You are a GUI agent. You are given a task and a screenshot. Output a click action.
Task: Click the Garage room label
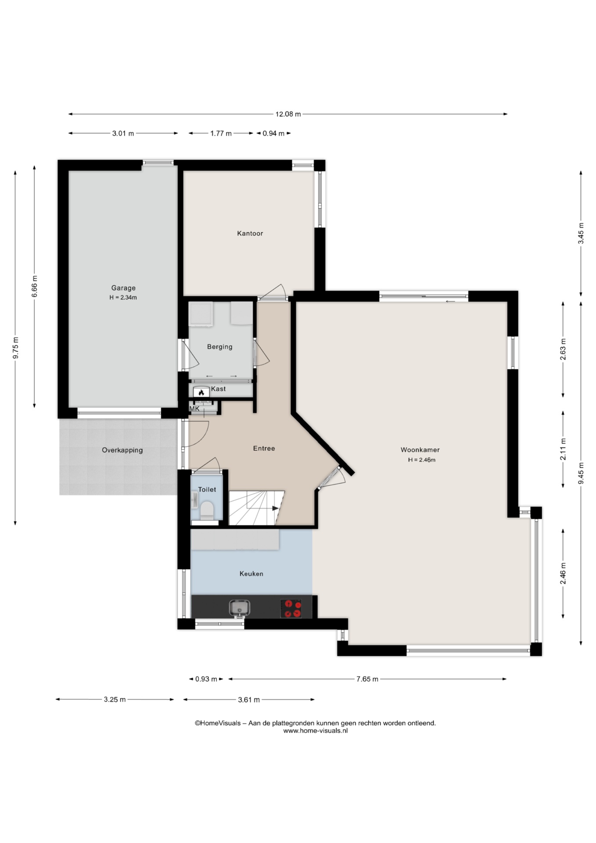(x=123, y=288)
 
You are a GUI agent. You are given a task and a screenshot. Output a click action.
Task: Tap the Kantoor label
(x=250, y=233)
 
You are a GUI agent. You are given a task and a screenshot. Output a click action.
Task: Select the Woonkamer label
(x=420, y=450)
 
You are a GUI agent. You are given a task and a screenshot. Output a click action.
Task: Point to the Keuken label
(x=251, y=573)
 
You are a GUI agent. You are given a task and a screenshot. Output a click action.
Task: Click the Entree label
(x=264, y=448)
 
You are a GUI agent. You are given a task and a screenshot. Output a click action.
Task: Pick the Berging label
(x=220, y=347)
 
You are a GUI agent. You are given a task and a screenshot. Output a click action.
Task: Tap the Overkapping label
(x=122, y=450)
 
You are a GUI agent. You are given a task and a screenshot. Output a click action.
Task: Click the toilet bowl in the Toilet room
(x=207, y=510)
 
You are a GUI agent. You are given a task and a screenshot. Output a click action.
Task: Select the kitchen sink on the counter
(x=239, y=608)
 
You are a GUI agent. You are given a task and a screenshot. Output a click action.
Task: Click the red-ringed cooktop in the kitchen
(x=291, y=608)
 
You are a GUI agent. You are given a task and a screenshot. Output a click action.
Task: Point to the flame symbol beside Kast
(x=201, y=392)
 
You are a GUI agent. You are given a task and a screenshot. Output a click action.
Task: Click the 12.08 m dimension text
(x=288, y=114)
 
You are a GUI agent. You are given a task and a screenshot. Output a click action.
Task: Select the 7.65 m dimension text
(x=367, y=679)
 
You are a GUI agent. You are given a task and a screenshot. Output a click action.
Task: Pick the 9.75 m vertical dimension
(x=16, y=348)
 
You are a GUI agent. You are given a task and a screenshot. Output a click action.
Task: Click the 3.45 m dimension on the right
(x=581, y=234)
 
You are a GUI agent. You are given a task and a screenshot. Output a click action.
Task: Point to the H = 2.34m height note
(x=123, y=298)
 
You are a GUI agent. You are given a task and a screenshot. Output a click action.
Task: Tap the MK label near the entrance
(x=194, y=409)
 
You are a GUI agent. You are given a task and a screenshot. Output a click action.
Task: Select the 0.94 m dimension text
(x=273, y=133)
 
